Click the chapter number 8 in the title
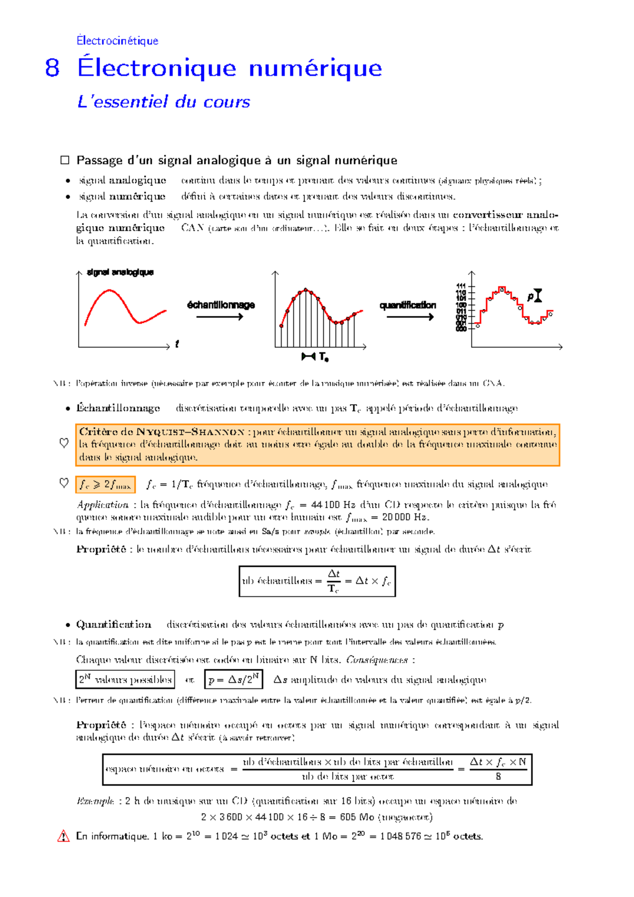point(52,68)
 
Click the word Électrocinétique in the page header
point(117,41)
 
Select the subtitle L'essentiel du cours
point(163,101)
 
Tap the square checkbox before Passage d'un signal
point(65,160)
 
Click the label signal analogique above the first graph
point(120,272)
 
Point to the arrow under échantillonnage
point(219,317)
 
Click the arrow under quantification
point(410,317)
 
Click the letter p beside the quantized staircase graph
point(530,297)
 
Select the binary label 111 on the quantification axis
point(461,286)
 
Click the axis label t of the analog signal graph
point(177,344)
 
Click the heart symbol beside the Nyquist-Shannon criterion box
point(64,443)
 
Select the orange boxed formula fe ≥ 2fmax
point(105,484)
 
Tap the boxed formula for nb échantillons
point(317,581)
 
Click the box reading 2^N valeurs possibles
point(125,679)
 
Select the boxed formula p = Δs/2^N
point(234,679)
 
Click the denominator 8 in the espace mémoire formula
point(498,777)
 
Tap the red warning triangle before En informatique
point(63,836)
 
